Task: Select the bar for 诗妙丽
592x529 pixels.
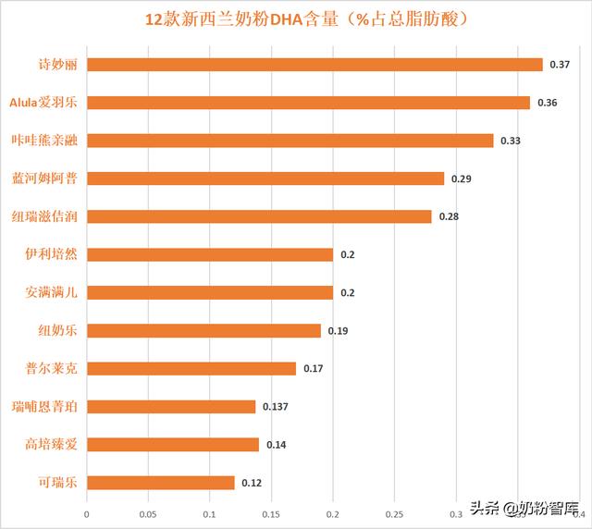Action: tap(314, 65)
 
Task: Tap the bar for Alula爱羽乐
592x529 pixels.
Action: tap(308, 103)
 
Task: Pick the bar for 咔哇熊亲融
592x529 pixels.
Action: tap(290, 141)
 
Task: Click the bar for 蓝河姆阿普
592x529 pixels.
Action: tap(265, 178)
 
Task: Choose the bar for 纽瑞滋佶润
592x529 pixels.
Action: tap(259, 216)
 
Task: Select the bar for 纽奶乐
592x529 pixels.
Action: tap(203, 330)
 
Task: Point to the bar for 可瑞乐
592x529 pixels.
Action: tap(160, 482)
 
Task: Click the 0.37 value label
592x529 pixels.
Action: tap(560, 65)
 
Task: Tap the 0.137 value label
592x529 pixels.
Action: tap(277, 407)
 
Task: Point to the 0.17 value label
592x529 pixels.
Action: tap(313, 369)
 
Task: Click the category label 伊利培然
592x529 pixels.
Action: tap(51, 254)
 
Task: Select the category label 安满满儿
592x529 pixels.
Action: tap(51, 292)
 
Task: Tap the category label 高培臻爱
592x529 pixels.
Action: tap(51, 444)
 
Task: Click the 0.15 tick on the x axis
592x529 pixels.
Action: tap(271, 514)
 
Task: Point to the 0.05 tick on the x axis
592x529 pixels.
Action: tap(148, 514)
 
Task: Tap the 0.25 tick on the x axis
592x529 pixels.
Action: tap(394, 514)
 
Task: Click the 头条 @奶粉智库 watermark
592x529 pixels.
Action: tap(523, 508)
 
